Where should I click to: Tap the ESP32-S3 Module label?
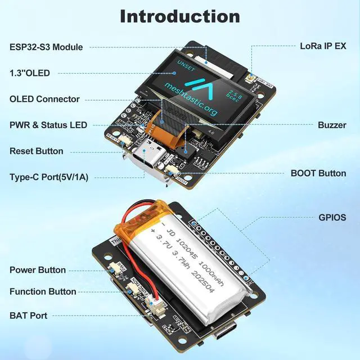46,47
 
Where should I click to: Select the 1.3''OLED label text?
29,73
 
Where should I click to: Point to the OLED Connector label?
44,99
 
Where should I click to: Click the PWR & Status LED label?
48,125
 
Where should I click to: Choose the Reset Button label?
37,151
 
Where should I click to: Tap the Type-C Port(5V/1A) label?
49,177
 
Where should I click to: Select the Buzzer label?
332,125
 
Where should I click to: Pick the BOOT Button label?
318,173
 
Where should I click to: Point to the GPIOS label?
332,217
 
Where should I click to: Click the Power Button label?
38,270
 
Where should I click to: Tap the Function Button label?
43,291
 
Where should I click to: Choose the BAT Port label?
28,316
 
